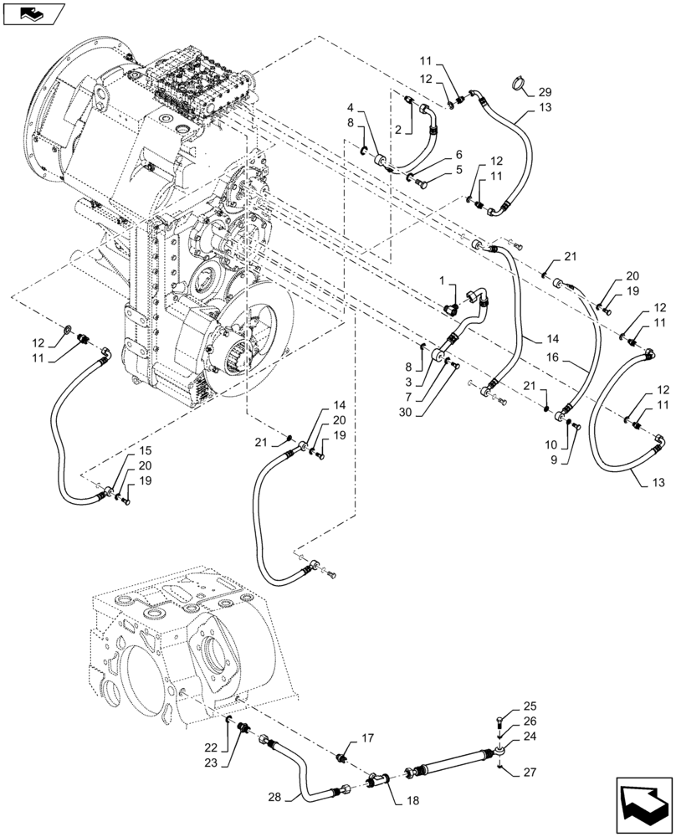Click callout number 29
545,91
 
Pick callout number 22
212,747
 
